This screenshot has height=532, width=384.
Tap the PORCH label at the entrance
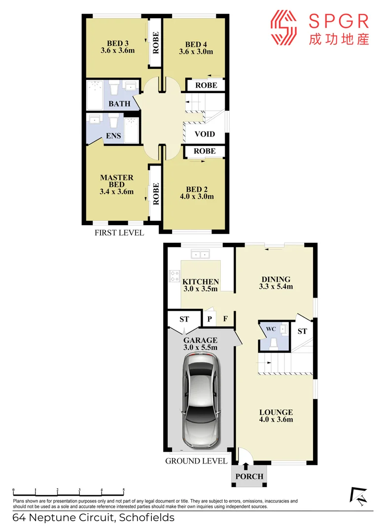(249, 476)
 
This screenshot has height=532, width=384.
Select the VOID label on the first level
(205, 133)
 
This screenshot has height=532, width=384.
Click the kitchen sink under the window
(201, 255)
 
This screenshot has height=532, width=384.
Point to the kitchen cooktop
(174, 276)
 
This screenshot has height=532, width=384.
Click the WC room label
(271, 329)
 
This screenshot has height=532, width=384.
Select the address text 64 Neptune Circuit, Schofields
(94, 518)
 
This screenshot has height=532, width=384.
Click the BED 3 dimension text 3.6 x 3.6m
(118, 50)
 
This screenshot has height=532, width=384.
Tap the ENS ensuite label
(113, 136)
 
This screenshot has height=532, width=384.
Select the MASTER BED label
(117, 181)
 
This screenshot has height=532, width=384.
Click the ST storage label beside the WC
(302, 331)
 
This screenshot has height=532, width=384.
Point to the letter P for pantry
(209, 319)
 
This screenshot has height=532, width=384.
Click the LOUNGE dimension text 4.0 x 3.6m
(276, 420)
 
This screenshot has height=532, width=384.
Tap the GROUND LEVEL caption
(196, 461)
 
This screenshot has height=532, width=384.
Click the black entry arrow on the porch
(246, 466)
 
